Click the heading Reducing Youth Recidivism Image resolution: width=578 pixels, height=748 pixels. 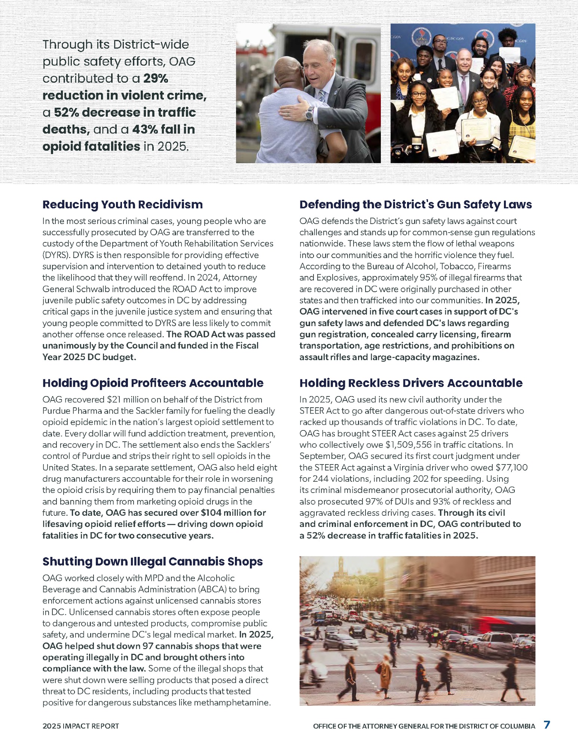(x=122, y=205)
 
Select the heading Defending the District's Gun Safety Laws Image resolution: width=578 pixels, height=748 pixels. (x=415, y=205)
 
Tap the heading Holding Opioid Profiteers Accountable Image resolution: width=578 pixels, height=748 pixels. (x=153, y=383)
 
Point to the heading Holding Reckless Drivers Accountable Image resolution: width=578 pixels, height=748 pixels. (x=411, y=383)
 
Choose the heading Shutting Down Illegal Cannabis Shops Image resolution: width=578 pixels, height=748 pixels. (x=152, y=561)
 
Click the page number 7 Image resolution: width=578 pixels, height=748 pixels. (x=547, y=725)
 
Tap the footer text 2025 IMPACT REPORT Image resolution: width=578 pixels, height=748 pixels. (x=80, y=726)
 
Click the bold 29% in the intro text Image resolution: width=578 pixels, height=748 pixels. (x=156, y=79)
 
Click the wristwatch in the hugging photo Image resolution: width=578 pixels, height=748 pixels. (x=309, y=114)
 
